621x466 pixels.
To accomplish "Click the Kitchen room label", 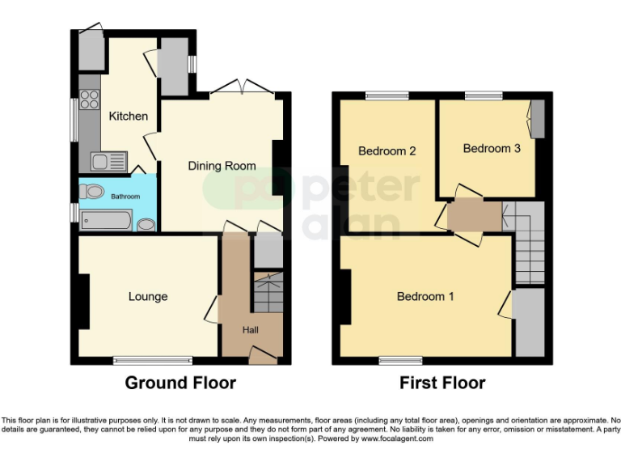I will point(129,116).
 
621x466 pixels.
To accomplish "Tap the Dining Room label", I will point(222,166).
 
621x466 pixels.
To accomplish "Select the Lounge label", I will point(148,297).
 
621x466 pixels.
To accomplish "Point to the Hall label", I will point(252,329).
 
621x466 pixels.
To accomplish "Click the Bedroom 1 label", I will point(425,297).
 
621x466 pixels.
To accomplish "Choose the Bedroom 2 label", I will point(387,150).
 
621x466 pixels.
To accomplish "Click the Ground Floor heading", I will point(180,383).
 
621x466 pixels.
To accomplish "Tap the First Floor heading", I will point(442,383).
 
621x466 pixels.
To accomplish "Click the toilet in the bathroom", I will point(91,192).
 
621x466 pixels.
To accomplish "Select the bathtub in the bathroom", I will point(105,219).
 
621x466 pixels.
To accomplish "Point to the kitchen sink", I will point(108,162).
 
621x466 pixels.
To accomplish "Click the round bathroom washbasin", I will point(146,223).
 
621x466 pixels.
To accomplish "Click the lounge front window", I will point(152,359).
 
